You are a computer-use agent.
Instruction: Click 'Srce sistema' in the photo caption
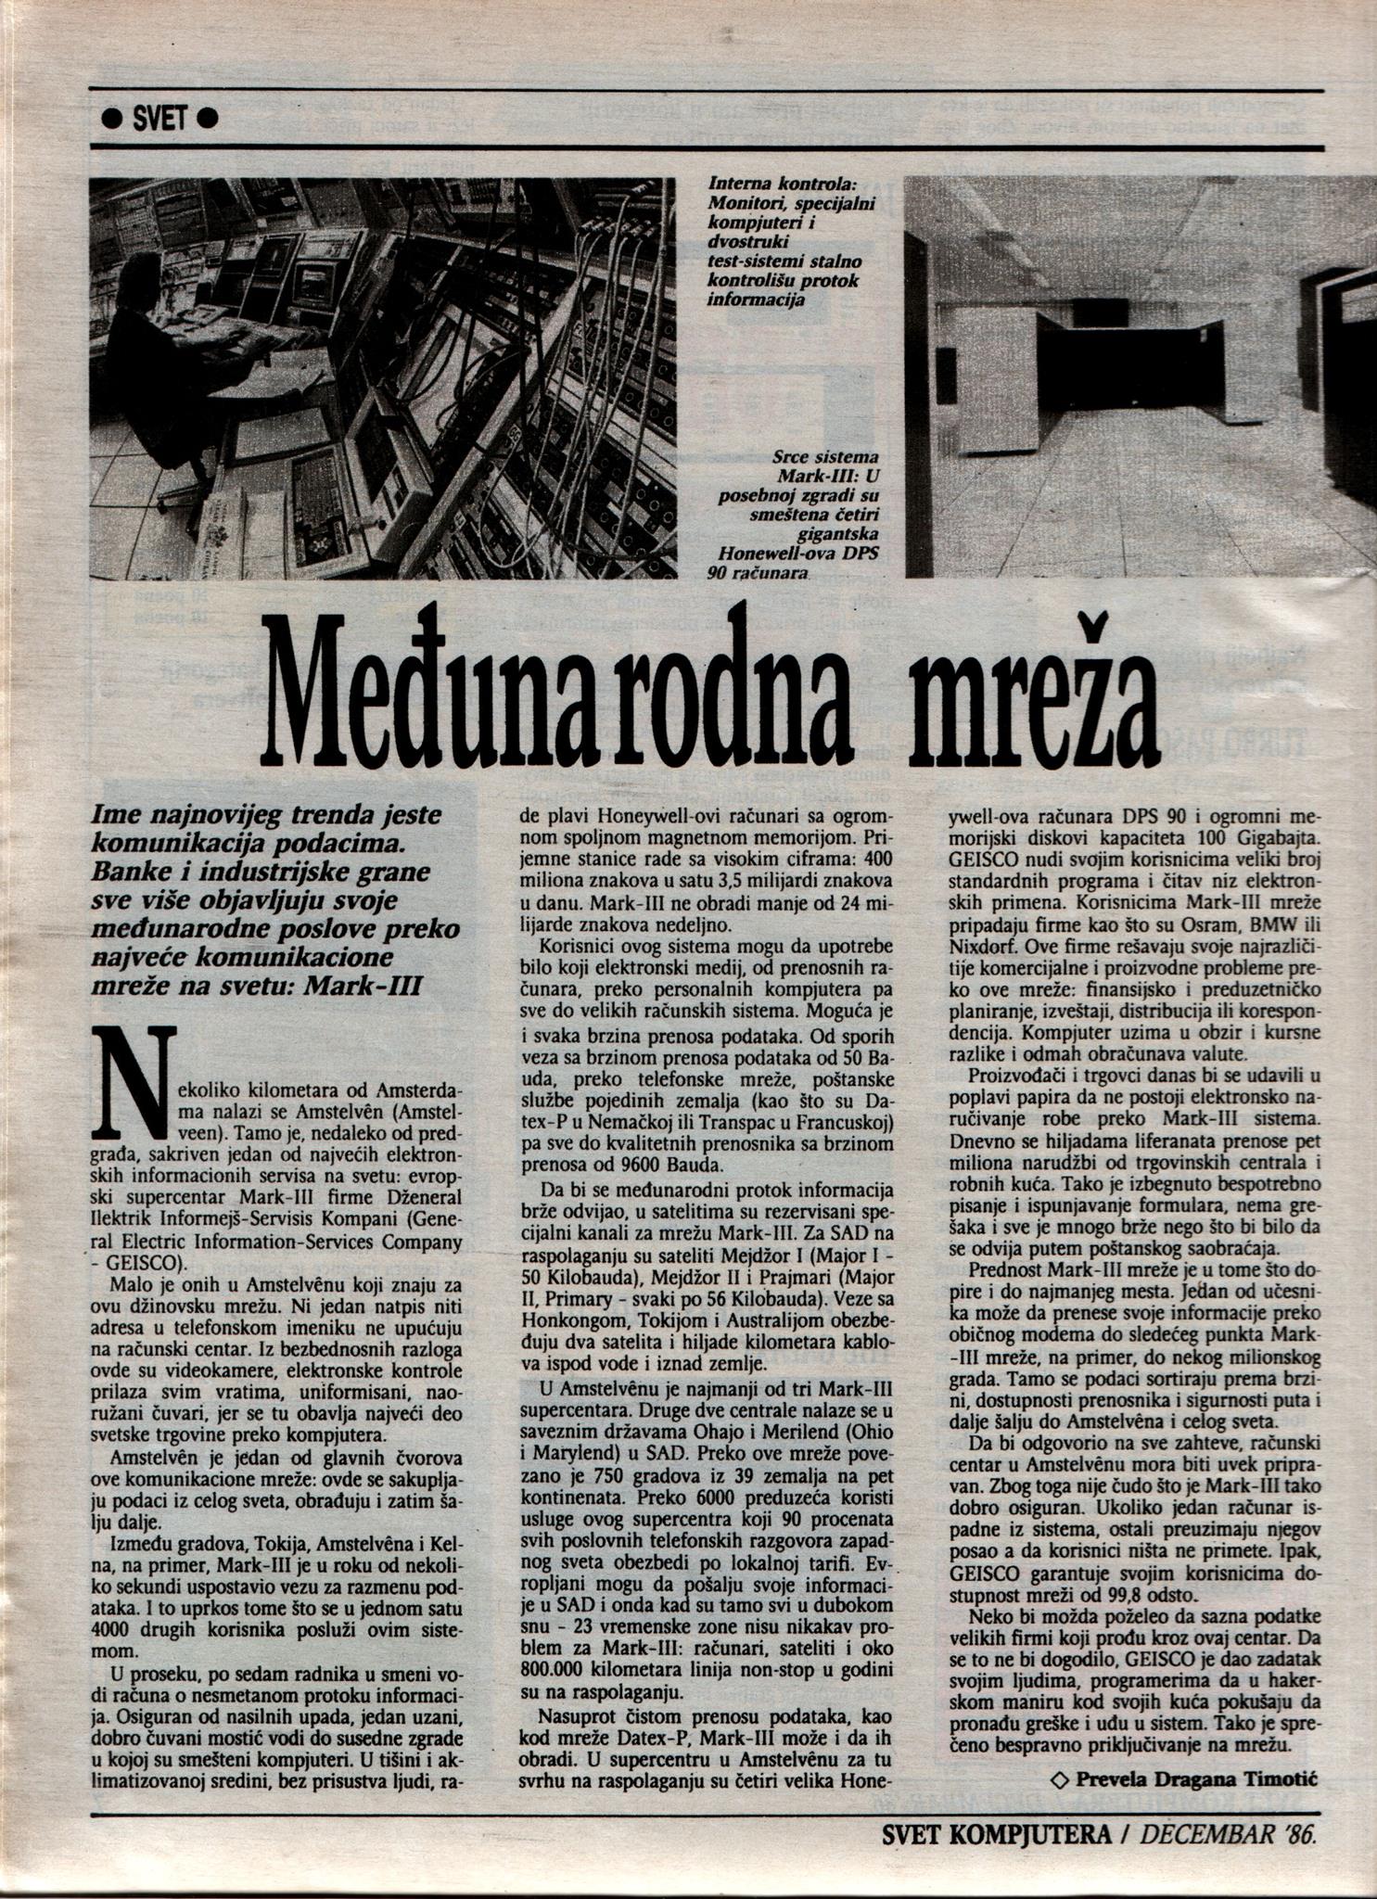(x=825, y=457)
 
